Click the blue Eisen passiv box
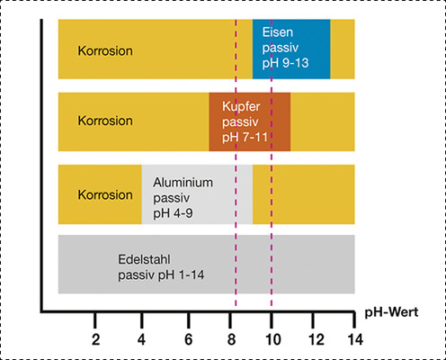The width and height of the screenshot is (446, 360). pyautogui.click(x=290, y=49)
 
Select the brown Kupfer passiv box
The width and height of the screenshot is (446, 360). pyautogui.click(x=249, y=121)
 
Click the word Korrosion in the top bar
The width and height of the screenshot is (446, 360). pyautogui.click(x=105, y=50)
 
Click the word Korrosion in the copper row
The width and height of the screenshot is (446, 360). pyautogui.click(x=105, y=120)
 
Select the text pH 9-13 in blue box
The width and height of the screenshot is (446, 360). pyautogui.click(x=286, y=66)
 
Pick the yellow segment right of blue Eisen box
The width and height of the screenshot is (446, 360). pyautogui.click(x=342, y=49)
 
